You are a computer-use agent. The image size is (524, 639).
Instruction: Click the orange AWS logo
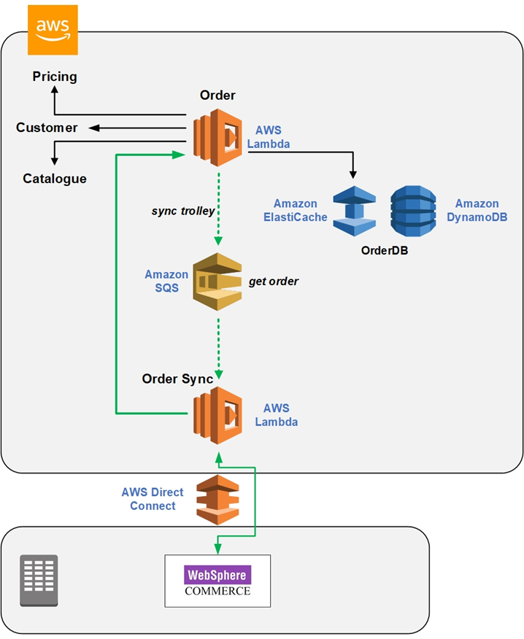[x=53, y=30]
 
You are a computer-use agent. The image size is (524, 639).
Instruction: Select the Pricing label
[x=55, y=77]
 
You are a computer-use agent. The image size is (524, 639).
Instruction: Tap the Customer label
[x=47, y=128]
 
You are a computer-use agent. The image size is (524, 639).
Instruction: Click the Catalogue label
[x=55, y=179]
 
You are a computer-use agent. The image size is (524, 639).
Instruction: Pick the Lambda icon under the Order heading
[x=217, y=137]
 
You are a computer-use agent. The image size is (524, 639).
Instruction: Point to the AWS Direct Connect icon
[x=217, y=500]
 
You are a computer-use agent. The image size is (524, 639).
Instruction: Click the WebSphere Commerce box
[x=217, y=581]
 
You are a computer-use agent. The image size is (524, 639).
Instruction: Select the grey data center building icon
[x=39, y=580]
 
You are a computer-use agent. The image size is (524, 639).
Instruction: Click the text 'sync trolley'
[x=183, y=211]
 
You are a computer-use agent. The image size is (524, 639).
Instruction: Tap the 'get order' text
[x=274, y=282]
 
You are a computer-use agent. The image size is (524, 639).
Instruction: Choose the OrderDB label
[x=385, y=250]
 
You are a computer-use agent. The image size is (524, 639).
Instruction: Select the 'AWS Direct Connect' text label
[x=153, y=499]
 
